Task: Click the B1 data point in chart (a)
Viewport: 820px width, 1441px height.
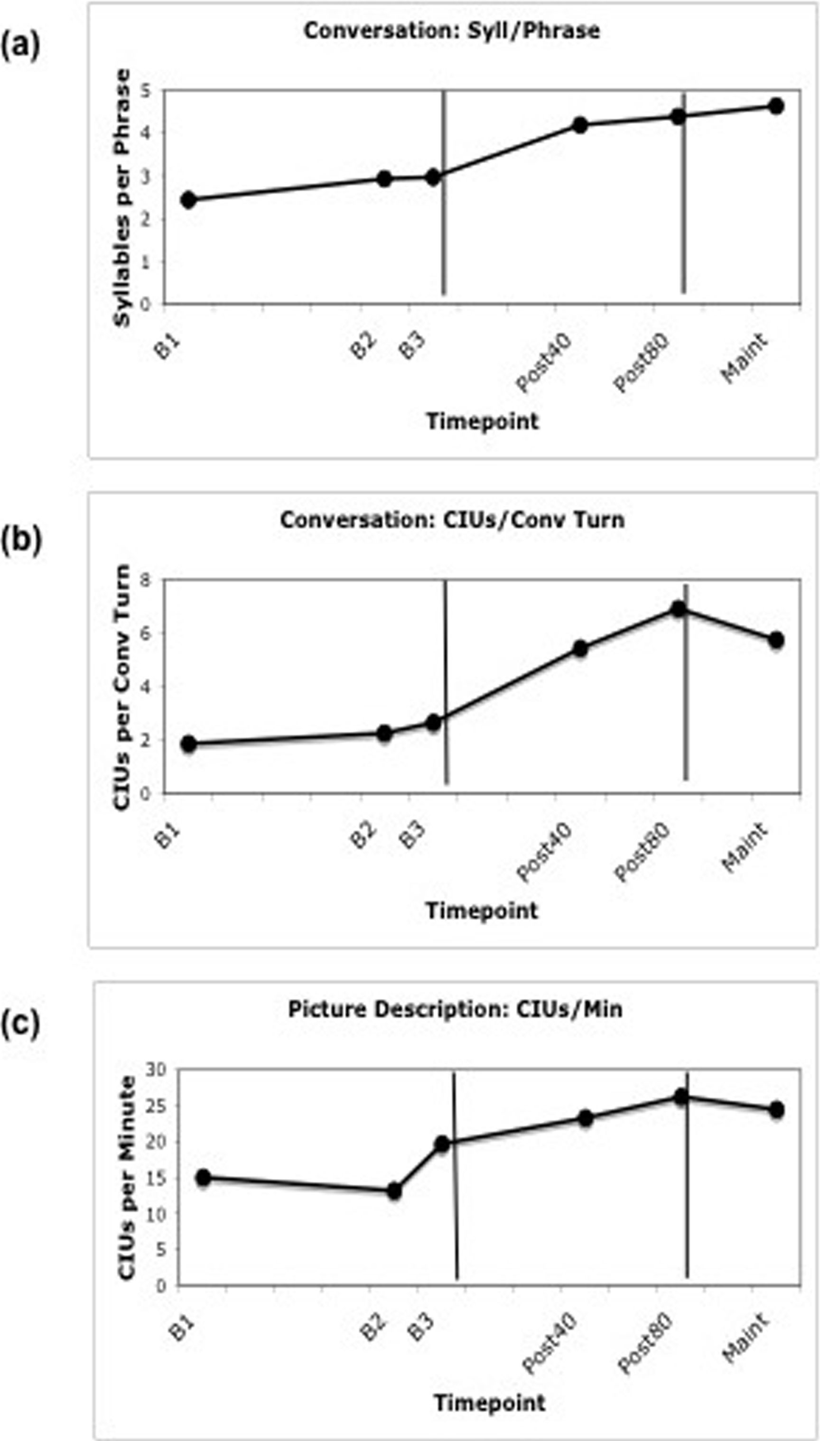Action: [189, 199]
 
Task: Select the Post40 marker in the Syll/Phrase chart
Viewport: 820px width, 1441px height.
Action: [580, 125]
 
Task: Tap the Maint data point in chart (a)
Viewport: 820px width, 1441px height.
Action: [776, 106]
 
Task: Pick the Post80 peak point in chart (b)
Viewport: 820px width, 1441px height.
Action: [679, 609]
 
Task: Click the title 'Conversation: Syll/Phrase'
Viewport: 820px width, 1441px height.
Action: [452, 30]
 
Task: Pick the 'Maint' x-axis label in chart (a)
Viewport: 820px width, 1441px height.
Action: [745, 358]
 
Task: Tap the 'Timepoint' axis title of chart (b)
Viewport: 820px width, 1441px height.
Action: [482, 911]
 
